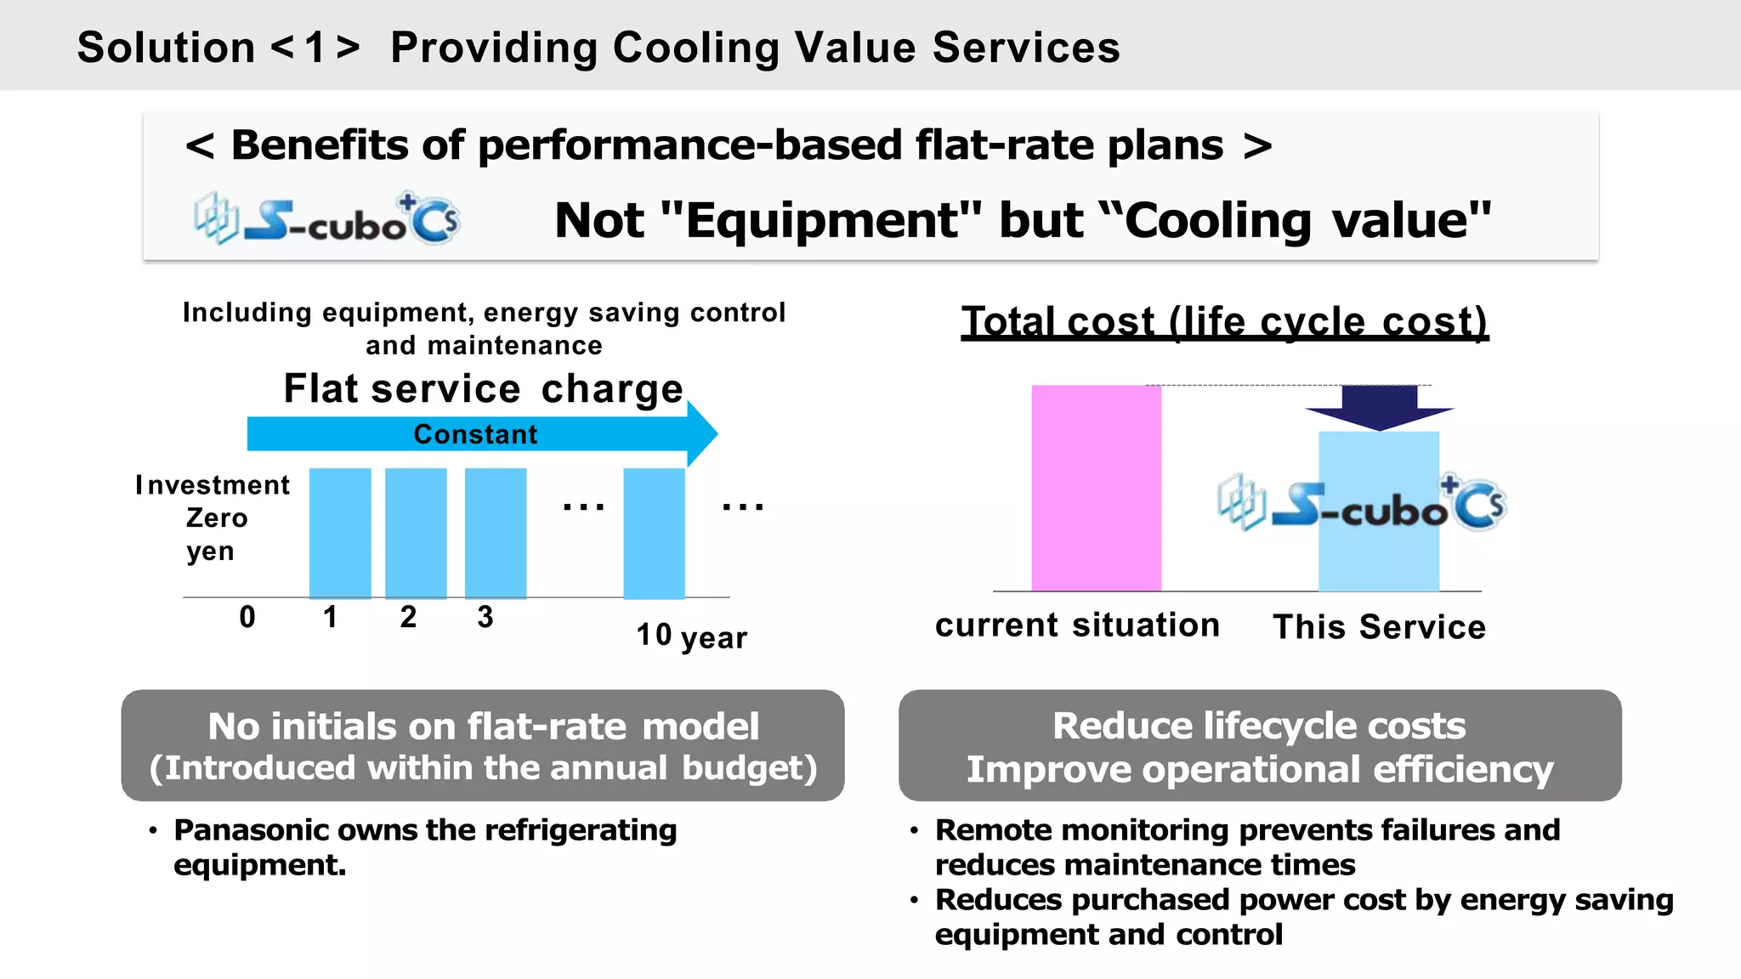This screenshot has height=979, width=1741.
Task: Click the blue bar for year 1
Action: coord(340,533)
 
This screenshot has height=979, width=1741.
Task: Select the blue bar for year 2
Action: coord(416,533)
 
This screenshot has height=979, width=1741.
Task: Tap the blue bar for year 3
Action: coord(496,533)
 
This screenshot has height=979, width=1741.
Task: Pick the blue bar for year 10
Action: coord(654,533)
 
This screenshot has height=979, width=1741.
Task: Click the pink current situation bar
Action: coord(1096,488)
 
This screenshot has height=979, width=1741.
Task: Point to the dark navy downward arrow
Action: coord(1379,407)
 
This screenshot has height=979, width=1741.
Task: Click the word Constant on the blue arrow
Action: coord(475,434)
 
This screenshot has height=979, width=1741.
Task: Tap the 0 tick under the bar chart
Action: coord(247,617)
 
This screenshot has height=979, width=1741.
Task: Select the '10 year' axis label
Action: coord(691,636)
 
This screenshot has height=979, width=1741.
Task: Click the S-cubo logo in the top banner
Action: coord(327,219)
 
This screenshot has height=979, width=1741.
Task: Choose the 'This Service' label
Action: coord(1379,627)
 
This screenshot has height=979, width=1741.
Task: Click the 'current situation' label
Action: coord(1077,625)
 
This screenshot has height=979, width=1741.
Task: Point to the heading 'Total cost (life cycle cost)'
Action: coord(1224,322)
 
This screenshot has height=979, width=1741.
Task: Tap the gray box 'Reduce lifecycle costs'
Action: coord(1260,745)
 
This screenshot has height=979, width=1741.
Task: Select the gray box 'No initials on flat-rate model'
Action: coord(483,745)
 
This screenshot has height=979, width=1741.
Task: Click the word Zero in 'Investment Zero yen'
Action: coord(217,518)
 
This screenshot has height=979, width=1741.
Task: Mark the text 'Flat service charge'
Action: coord(483,388)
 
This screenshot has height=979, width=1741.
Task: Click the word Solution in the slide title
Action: coord(166,48)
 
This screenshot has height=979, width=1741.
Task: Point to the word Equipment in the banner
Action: coord(820,221)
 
